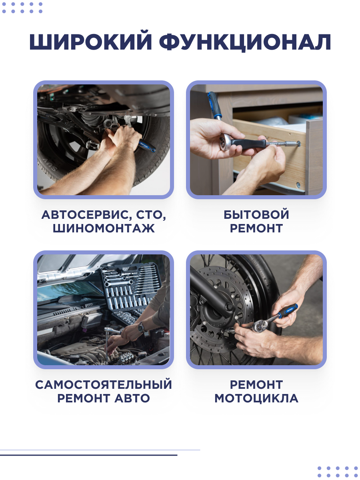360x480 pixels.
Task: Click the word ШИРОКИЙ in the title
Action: (90, 42)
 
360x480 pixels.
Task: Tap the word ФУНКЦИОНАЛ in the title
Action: (245, 42)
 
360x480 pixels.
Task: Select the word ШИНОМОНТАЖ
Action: (104, 228)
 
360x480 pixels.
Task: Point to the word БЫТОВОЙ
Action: (256, 214)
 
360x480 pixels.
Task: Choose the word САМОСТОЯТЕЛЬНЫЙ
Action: (104, 384)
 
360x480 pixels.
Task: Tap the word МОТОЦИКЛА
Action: (256, 398)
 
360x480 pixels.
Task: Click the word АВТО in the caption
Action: (132, 398)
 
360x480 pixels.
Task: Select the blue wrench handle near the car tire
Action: (146, 146)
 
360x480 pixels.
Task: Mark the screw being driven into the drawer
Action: (298, 144)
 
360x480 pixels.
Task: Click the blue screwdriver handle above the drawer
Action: (215, 104)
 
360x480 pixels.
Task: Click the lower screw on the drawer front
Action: (298, 185)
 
